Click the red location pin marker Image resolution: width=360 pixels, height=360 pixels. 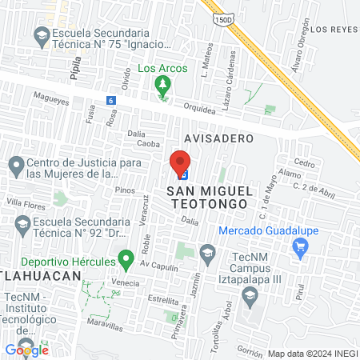[x=180, y=162]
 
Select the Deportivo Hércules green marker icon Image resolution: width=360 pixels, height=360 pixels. [x=125, y=259]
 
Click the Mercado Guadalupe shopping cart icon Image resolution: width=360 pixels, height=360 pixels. [x=301, y=248]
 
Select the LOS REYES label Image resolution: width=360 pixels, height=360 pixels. [x=332, y=30]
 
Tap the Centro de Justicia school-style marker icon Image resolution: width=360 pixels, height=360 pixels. [x=14, y=167]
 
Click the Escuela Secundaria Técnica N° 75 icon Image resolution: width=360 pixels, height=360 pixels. [x=41, y=35]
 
